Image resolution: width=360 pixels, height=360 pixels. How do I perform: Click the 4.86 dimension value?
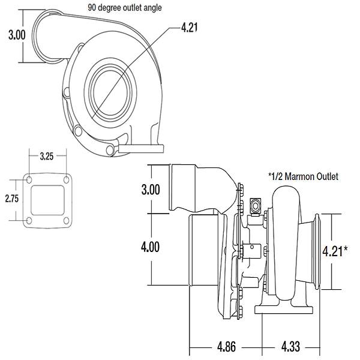pyautogui.click(x=226, y=347)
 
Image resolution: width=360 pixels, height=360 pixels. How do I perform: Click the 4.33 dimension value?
pyautogui.click(x=290, y=347)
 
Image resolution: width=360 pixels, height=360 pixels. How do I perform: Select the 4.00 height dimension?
pyautogui.click(x=151, y=247)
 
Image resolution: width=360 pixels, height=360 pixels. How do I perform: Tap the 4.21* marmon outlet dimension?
pyautogui.click(x=335, y=251)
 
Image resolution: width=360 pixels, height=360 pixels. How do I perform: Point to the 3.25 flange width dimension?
pyautogui.click(x=47, y=157)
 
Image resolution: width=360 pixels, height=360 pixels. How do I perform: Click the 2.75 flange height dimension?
pyautogui.click(x=12, y=199)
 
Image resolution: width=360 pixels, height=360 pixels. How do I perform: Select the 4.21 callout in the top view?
pyautogui.click(x=190, y=28)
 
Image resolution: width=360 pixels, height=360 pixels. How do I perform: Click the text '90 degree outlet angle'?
pyautogui.click(x=125, y=8)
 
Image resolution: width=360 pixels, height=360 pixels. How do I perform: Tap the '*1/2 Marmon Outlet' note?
pyautogui.click(x=303, y=176)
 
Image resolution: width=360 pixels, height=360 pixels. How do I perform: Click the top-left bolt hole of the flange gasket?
pyautogui.click(x=29, y=180)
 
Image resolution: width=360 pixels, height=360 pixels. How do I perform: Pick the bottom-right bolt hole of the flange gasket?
pyautogui.click(x=67, y=221)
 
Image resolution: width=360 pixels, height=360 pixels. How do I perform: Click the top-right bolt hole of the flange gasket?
pyautogui.click(x=67, y=180)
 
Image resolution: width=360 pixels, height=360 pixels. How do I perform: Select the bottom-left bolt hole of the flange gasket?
pyautogui.click(x=29, y=221)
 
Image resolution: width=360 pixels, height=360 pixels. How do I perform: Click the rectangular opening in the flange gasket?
pyautogui.click(x=47, y=200)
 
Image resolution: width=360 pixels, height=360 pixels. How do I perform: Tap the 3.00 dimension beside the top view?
pyautogui.click(x=17, y=35)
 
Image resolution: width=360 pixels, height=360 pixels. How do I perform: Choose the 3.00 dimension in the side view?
pyautogui.click(x=151, y=190)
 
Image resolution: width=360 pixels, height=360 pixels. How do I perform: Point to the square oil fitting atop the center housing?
pyautogui.click(x=256, y=205)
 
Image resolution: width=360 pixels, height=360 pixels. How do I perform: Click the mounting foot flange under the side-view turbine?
pyautogui.click(x=284, y=310)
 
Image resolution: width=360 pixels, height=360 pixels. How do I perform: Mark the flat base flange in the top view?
pyautogui.click(x=141, y=149)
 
